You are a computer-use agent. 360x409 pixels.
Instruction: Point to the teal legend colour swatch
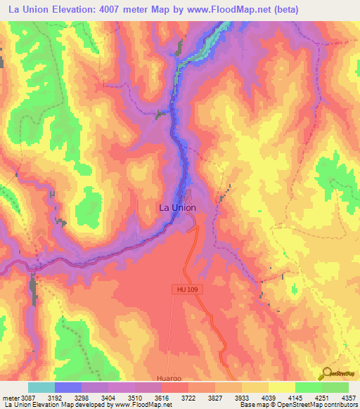tap(41, 387)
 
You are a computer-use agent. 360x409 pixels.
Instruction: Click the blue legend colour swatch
tap(68, 387)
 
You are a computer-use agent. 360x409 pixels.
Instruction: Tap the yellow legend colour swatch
tap(282, 387)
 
